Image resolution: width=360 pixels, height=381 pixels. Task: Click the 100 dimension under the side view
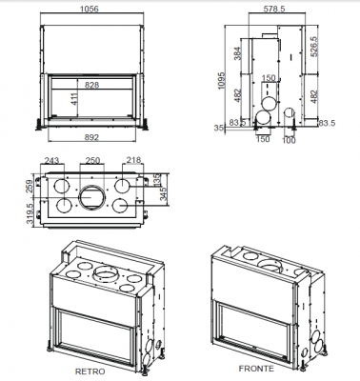pyautogui.click(x=290, y=141)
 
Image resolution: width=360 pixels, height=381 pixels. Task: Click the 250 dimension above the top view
pyautogui.click(x=93, y=160)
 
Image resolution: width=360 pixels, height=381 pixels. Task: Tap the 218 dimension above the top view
pyautogui.click(x=133, y=160)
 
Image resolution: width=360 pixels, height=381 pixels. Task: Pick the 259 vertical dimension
pyautogui.click(x=31, y=188)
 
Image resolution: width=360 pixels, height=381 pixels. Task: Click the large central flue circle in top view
pyautogui.click(x=95, y=198)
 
